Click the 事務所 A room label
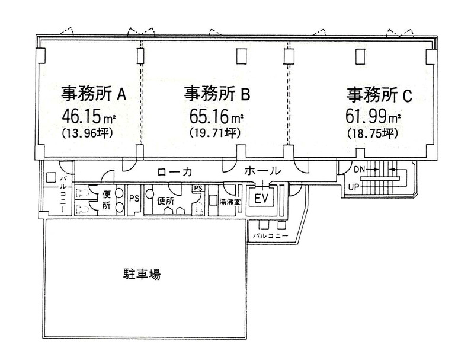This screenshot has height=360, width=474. [x=94, y=94]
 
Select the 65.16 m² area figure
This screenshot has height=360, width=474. [x=216, y=116]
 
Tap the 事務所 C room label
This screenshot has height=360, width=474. [x=379, y=95]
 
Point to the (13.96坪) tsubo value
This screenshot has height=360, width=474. [x=87, y=133]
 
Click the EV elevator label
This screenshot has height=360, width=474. [x=262, y=199]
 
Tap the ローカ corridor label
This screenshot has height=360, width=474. [x=174, y=172]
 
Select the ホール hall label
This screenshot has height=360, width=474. [x=262, y=171]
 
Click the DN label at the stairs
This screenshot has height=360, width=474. [x=360, y=170]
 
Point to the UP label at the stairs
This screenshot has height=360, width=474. [x=354, y=187]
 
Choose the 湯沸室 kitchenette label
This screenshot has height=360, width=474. [x=229, y=203]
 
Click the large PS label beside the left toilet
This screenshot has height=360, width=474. [x=134, y=199]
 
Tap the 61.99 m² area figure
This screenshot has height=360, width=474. [x=373, y=116]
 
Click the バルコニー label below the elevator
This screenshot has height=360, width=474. [x=271, y=236]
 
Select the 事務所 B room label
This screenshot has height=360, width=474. [x=217, y=94]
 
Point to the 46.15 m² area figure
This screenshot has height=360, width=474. [x=89, y=116]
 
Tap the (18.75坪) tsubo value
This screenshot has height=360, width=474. [x=372, y=133]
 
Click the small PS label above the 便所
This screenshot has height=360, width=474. [x=198, y=188]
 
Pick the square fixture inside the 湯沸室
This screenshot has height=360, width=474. [x=214, y=200]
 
